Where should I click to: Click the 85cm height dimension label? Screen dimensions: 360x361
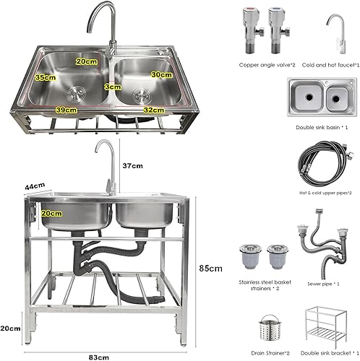pyautogui.click(x=210, y=269)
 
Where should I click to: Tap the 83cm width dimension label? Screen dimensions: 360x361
pyautogui.click(x=98, y=357)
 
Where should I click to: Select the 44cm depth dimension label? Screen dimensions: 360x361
pyautogui.click(x=35, y=186)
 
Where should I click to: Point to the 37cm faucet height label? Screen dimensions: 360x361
pyautogui.click(x=132, y=166)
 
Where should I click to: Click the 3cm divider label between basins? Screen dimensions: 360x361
pyautogui.click(x=113, y=87)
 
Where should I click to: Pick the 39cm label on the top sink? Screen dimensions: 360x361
pyautogui.click(x=67, y=110)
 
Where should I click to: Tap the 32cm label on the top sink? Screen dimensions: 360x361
pyautogui.click(x=154, y=110)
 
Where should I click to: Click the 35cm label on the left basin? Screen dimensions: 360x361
pyautogui.click(x=46, y=77)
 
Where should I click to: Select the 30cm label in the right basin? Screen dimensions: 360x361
pyautogui.click(x=162, y=74)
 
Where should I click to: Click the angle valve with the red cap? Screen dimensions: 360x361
pyautogui.click(x=252, y=30)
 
